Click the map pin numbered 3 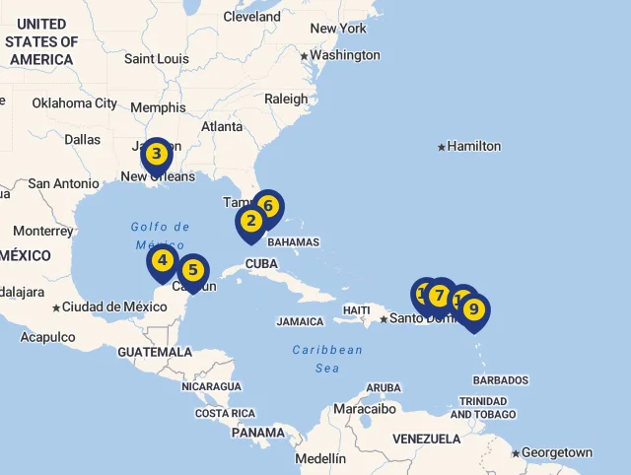pos(156,155)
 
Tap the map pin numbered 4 pos(163,262)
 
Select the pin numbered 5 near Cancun pos(193,270)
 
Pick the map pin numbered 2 pos(251,222)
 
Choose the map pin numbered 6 pos(267,207)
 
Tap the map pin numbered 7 pos(440,295)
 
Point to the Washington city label pos(344,55)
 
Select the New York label pos(338,29)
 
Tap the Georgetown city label pos(557,453)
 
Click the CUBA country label pos(261,264)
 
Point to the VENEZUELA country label pos(426,439)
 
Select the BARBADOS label pos(500,380)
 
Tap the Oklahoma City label pos(74,103)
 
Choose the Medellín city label pos(320,458)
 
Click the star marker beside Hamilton pos(441,147)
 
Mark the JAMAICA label pos(300,321)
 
